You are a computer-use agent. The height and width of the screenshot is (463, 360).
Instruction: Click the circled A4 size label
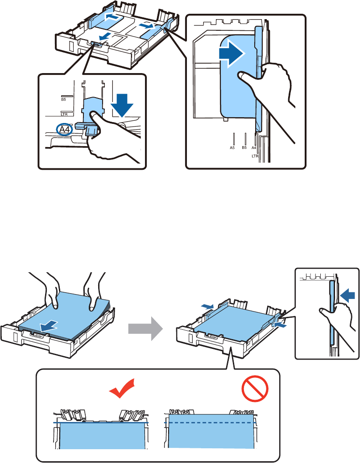pyautogui.click(x=64, y=130)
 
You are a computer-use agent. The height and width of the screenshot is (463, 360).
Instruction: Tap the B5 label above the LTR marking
pyautogui.click(x=63, y=99)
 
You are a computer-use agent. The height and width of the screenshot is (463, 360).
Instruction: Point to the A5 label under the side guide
pyautogui.click(x=232, y=148)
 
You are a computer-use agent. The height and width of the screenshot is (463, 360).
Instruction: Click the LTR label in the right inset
pyautogui.click(x=255, y=156)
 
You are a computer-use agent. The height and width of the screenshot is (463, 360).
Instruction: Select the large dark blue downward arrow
pyautogui.click(x=122, y=105)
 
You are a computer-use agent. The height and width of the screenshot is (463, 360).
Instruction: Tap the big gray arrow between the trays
pyautogui.click(x=145, y=328)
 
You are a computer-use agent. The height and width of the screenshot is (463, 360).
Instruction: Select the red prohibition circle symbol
pyautogui.click(x=255, y=388)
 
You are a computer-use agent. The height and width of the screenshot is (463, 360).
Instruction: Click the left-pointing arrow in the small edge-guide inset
pyautogui.click(x=348, y=295)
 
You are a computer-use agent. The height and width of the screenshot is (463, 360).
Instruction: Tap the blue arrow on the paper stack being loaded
pyautogui.click(x=49, y=326)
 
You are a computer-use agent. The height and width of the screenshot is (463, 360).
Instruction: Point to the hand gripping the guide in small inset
pyautogui.click(x=337, y=322)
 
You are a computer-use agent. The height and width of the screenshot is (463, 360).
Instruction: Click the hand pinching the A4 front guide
pyautogui.click(x=112, y=136)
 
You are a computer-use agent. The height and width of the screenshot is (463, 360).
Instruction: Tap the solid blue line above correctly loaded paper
pyautogui.click(x=100, y=423)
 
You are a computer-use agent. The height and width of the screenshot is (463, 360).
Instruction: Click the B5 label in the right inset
pyautogui.click(x=244, y=148)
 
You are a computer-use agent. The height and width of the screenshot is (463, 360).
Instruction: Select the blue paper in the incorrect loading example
pyautogui.click(x=211, y=431)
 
